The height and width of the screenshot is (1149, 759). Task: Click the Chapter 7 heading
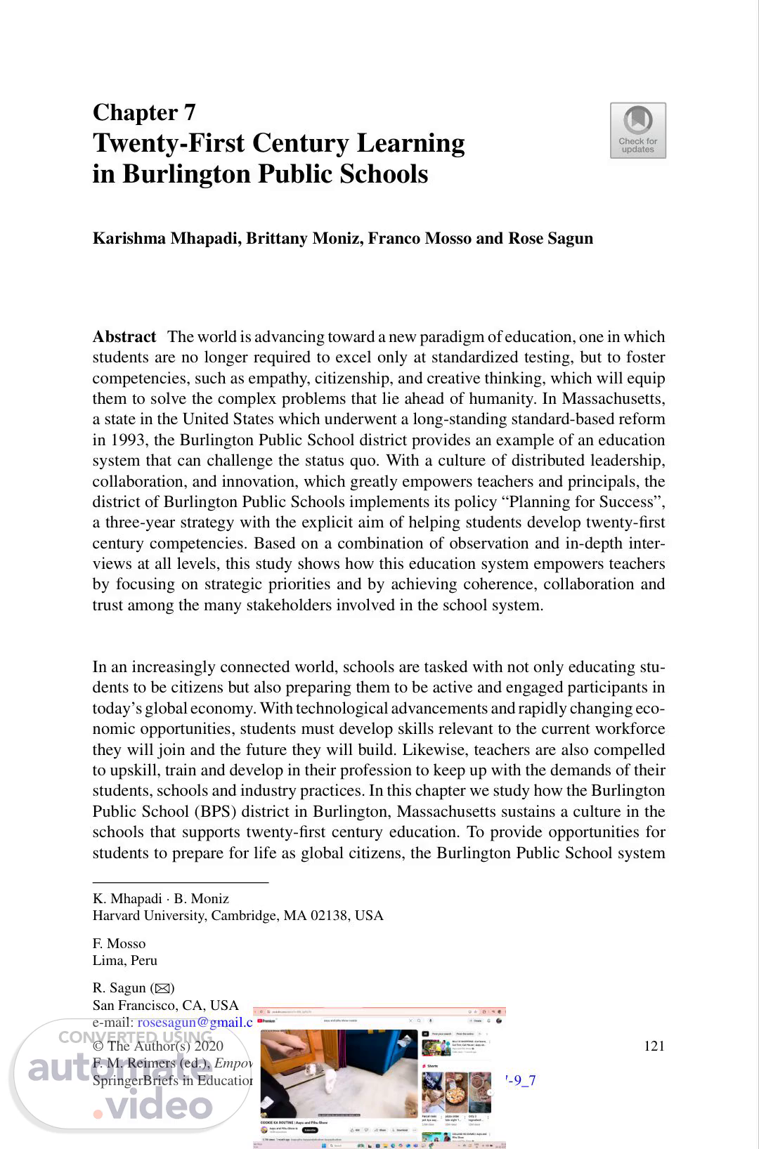coord(144,112)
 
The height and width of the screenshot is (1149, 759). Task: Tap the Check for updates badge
coord(637,131)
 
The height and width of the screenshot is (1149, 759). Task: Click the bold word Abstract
coord(124,337)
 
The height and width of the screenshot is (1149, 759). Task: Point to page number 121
coord(654,1046)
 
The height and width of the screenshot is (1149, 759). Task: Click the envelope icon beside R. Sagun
coord(162,988)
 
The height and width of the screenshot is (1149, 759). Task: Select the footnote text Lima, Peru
coord(125,960)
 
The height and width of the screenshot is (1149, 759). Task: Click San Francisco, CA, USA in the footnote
coord(165,1005)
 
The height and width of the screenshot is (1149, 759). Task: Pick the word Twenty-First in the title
coord(169,143)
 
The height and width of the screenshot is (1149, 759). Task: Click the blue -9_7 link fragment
coord(521,1080)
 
